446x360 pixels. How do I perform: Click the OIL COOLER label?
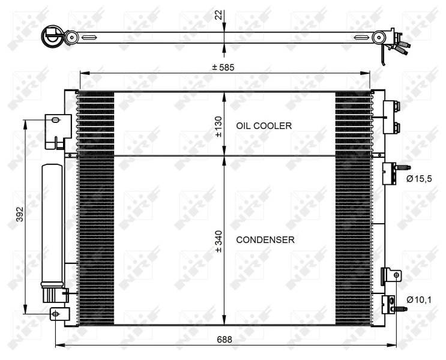(x=264, y=126)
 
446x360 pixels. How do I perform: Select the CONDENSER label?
(x=265, y=240)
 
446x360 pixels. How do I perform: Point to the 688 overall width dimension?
(x=225, y=339)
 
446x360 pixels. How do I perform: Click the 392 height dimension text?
(x=19, y=214)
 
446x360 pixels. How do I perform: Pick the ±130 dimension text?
(x=219, y=126)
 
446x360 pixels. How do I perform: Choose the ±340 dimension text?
(x=219, y=240)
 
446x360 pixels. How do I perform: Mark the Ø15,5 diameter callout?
(x=418, y=178)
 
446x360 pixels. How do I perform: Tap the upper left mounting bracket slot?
(x=56, y=121)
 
